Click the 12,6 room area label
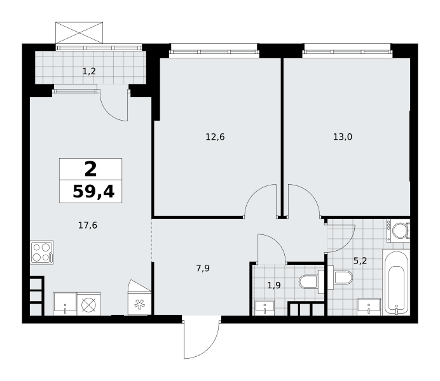215,137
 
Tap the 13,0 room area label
343,137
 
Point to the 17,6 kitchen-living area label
88,225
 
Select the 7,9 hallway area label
203,269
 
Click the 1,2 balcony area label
89,71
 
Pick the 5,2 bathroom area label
360,261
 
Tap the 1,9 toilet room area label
274,286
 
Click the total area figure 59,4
93,192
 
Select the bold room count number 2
91,169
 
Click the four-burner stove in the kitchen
42,253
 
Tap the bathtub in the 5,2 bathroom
396,283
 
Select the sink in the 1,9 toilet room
265,307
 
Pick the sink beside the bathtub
369,307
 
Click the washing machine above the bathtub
399,231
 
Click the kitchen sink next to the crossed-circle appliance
65,304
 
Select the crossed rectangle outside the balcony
79,33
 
